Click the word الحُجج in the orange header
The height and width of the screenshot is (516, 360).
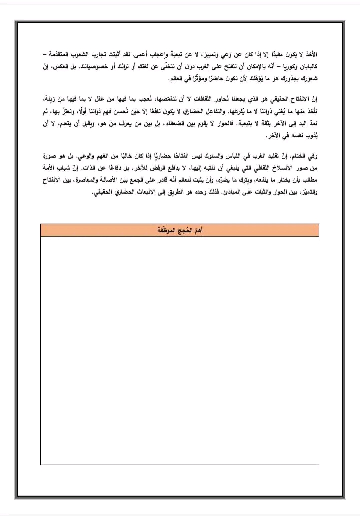point(180,230)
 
